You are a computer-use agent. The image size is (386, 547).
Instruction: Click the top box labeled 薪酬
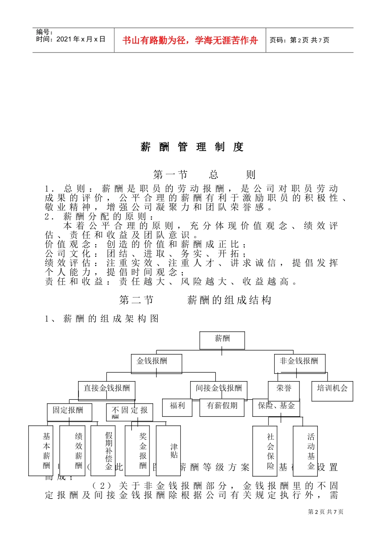click(222, 340)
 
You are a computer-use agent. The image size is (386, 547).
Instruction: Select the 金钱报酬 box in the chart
click(156, 363)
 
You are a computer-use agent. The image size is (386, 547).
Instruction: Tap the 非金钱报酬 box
click(299, 363)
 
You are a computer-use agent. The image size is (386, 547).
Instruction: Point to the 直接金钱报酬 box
click(106, 390)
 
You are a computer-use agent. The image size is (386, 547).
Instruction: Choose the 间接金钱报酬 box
click(219, 390)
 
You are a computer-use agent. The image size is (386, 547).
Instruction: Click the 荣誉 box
click(284, 390)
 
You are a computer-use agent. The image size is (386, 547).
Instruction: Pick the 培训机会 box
click(332, 391)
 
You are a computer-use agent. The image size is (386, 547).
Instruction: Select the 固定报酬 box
click(69, 412)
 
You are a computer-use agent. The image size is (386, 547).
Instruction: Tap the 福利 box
click(177, 407)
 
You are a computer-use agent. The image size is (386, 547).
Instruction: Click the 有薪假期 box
click(222, 407)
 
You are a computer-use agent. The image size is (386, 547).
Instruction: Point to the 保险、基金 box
click(276, 407)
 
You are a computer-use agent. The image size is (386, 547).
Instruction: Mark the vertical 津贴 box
click(169, 451)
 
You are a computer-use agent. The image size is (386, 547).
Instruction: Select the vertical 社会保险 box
click(265, 451)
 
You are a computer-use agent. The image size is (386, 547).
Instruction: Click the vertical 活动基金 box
click(305, 451)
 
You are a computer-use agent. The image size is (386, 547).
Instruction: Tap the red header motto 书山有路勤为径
click(190, 40)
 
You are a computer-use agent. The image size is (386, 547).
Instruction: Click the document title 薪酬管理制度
click(193, 147)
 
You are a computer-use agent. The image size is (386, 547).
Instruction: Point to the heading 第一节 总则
click(204, 175)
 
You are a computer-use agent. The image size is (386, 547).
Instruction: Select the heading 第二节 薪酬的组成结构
click(195, 300)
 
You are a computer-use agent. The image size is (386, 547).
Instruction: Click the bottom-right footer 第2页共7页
click(325, 512)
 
